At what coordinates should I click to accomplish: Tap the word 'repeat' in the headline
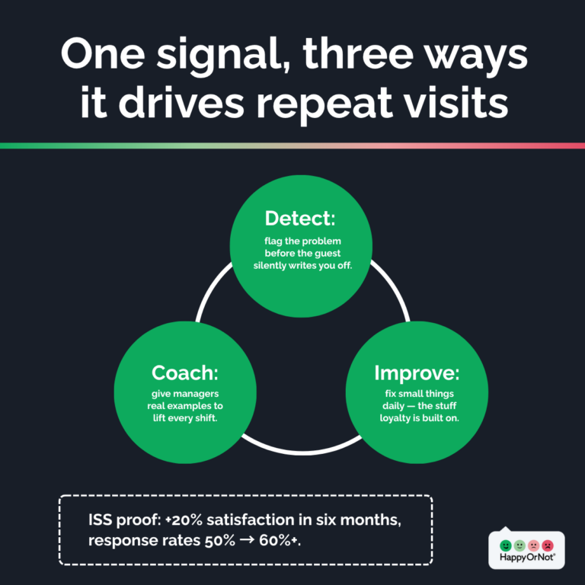coord(324,104)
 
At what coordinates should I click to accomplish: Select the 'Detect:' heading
coord(300,219)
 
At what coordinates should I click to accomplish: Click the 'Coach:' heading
coord(184,372)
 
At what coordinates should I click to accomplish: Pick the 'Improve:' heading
coord(417,372)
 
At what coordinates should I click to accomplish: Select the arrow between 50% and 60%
coord(247,541)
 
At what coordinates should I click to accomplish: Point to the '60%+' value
coord(279,541)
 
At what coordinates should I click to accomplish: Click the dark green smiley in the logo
coord(506,545)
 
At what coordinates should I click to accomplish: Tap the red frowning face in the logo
coord(548,545)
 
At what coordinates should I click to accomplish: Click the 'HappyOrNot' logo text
coord(527,558)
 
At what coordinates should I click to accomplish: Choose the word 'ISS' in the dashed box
coord(101,519)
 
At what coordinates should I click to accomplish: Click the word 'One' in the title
coord(103,53)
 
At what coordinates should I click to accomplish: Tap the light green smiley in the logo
coord(519,545)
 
